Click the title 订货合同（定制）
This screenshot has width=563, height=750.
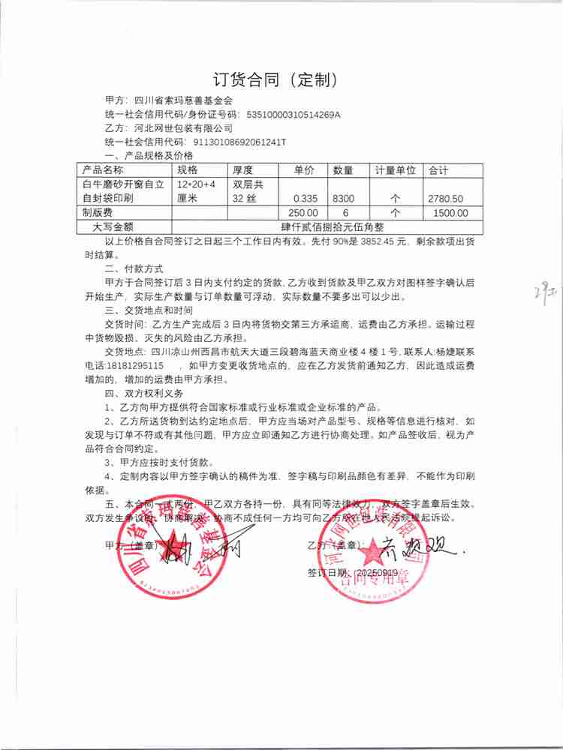281,79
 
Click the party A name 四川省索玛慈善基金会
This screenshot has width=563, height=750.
184,100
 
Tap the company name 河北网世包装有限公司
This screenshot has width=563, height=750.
182,128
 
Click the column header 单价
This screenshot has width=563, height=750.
303,171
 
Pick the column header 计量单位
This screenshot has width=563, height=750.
395,171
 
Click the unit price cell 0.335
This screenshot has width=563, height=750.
303,199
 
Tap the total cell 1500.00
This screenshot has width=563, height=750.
450,213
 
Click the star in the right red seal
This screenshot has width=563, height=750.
370,555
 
